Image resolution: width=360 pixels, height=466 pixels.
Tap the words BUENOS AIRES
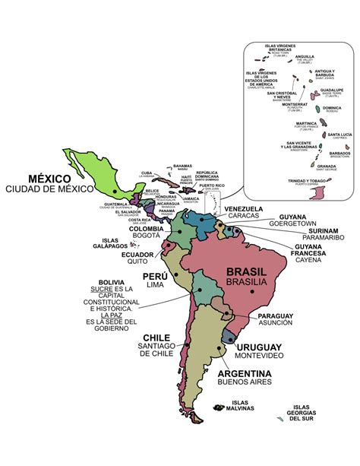click(245, 384)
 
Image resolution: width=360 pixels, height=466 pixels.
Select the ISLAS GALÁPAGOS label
click(103, 244)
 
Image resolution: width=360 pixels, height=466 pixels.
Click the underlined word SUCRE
click(102, 290)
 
